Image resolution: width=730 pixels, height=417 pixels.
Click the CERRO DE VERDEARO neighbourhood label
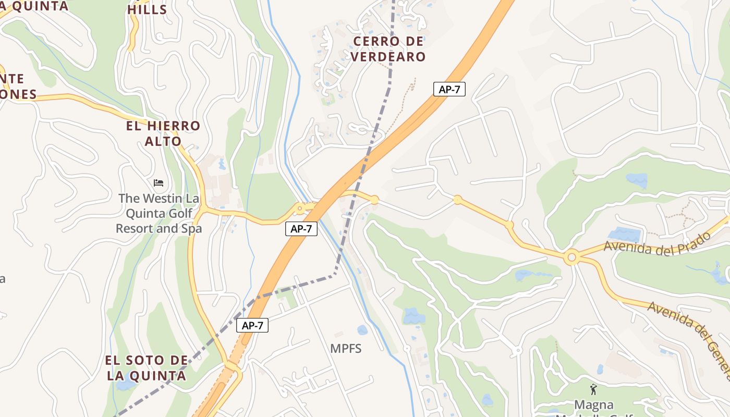pos(388,49)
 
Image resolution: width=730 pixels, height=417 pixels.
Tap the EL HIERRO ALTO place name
pos(163,133)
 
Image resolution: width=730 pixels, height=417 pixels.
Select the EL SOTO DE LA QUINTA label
pos(147,368)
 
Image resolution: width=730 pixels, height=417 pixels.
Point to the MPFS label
pos(346,349)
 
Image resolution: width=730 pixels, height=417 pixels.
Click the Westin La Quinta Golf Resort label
pos(159,213)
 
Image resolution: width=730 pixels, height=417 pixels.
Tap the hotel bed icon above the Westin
pos(159,183)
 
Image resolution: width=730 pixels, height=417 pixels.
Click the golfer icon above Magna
pos(593,389)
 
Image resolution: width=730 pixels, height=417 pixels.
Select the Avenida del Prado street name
pos(657,243)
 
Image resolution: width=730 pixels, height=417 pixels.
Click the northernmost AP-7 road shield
pos(449,89)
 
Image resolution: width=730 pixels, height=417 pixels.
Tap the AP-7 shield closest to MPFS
pos(252,326)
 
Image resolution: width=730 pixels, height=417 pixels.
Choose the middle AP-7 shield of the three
pos(301,228)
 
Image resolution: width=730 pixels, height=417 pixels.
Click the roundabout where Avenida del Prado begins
pos(571,257)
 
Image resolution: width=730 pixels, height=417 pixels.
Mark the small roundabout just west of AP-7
pos(299,209)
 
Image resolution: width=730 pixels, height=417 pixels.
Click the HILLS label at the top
pos(147,9)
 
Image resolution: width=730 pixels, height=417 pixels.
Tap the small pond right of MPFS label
pos(362,330)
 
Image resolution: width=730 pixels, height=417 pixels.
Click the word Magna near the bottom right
pos(593,405)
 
